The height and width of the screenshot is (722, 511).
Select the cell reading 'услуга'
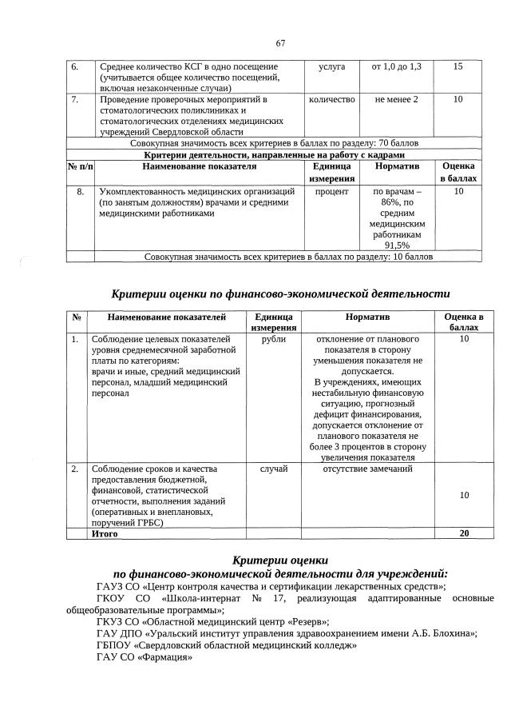331,66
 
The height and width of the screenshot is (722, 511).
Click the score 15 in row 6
457,66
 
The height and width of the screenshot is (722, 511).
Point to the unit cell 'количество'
331,99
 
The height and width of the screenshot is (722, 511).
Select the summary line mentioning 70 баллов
275,143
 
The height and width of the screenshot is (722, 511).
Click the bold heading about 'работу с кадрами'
275,154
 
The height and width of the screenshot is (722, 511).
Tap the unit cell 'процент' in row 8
331,193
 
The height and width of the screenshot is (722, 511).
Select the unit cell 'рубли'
273,340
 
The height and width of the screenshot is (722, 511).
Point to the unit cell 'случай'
274,469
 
